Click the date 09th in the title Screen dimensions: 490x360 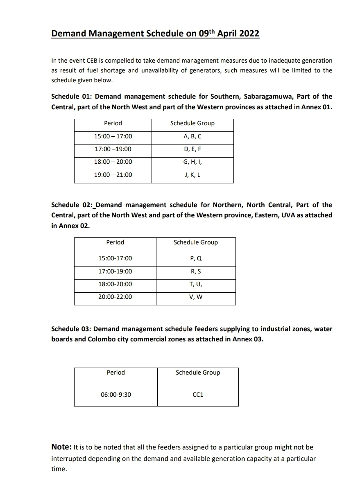207,33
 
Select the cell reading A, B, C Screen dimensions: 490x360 192,136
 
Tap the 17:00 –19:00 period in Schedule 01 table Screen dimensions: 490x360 113,149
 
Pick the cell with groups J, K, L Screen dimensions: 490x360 192,175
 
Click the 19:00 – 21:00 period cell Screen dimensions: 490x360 113,175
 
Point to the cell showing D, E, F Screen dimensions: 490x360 192,149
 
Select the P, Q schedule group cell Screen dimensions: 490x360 195,258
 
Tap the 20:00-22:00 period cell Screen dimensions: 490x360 115,297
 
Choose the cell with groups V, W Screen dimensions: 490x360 195,297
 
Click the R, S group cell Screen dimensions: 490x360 195,271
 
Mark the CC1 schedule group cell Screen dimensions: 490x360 198,395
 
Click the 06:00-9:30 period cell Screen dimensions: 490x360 116,395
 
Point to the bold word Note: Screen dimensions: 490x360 61,447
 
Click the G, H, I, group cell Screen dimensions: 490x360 192,162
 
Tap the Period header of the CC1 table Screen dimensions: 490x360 116,373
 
